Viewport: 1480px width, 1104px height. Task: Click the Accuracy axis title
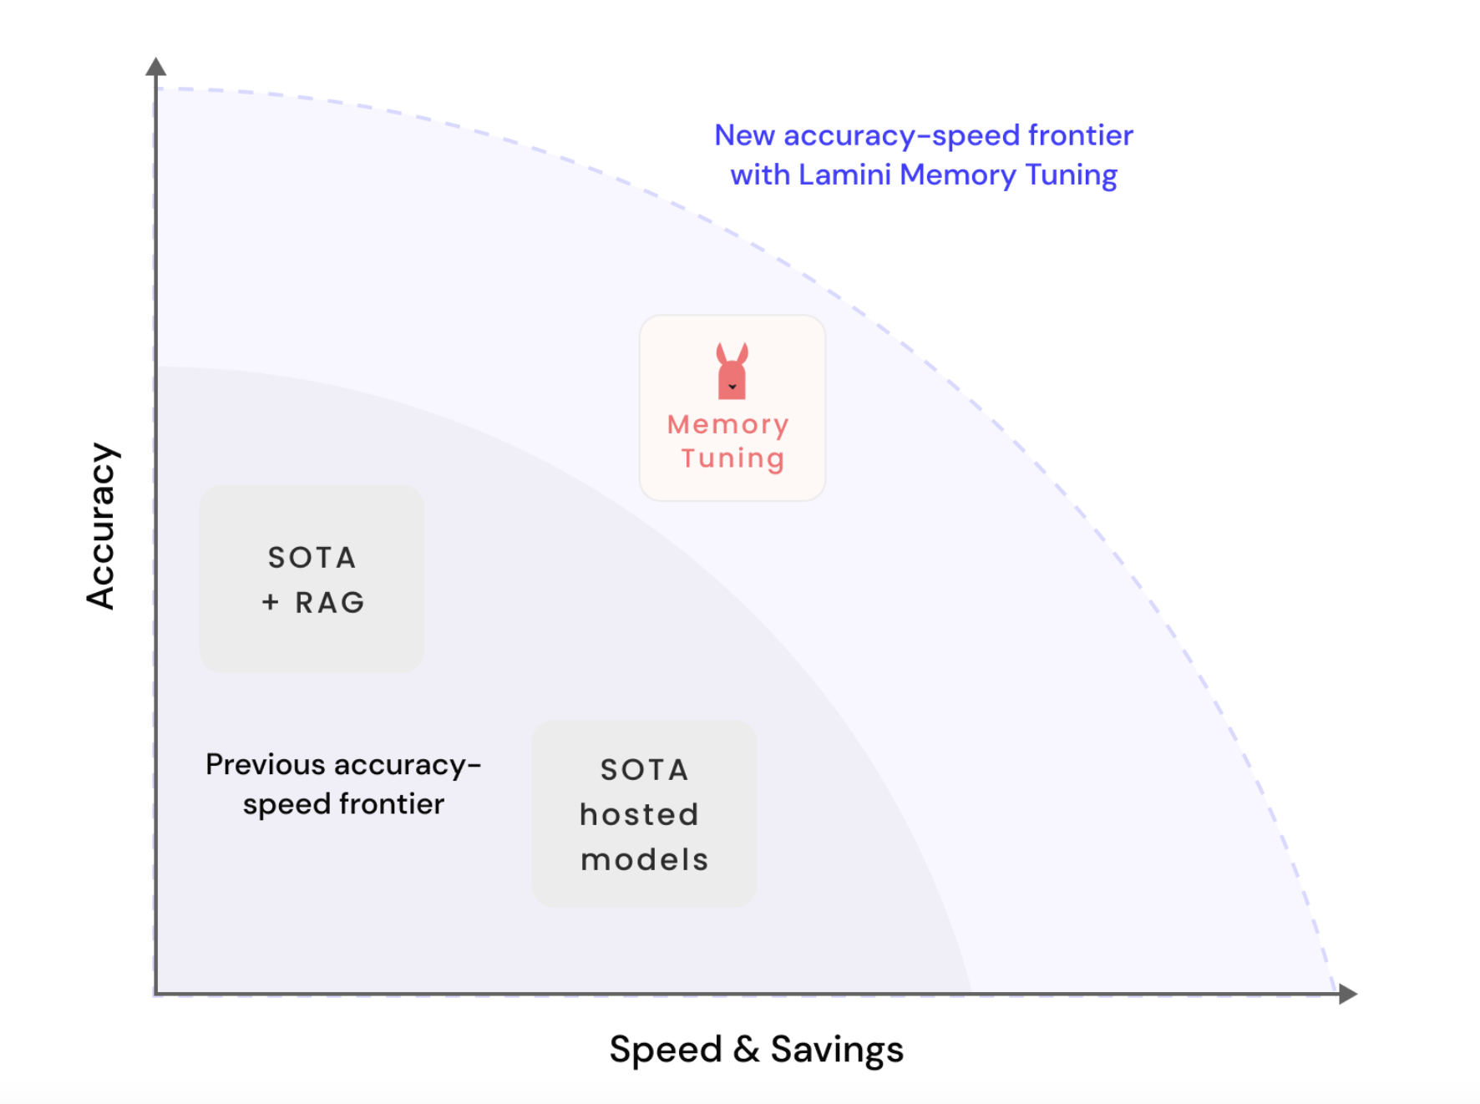(x=101, y=526)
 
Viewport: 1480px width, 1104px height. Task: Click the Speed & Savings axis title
(x=756, y=1050)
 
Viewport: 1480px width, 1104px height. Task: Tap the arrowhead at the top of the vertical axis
(x=155, y=67)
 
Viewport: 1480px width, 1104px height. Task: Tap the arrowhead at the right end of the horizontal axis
(x=1347, y=994)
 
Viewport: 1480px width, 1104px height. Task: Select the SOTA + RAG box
(x=312, y=579)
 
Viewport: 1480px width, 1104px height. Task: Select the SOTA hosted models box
(x=644, y=813)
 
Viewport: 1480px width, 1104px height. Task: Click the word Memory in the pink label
(x=727, y=425)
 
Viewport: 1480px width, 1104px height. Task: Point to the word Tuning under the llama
(x=732, y=458)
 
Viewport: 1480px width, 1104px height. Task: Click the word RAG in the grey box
(x=330, y=602)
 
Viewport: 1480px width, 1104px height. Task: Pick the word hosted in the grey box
(x=639, y=814)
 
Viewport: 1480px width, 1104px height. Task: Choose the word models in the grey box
(x=644, y=859)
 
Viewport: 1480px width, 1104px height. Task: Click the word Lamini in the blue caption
(x=844, y=175)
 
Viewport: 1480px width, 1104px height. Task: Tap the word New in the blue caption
(x=744, y=135)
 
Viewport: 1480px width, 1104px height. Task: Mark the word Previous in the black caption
(x=265, y=764)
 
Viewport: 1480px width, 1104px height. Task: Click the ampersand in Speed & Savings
(x=746, y=1049)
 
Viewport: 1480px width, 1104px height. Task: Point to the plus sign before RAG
(x=270, y=602)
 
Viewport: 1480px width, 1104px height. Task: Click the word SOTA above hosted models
(x=644, y=769)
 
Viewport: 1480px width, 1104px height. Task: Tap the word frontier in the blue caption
(x=1080, y=135)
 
